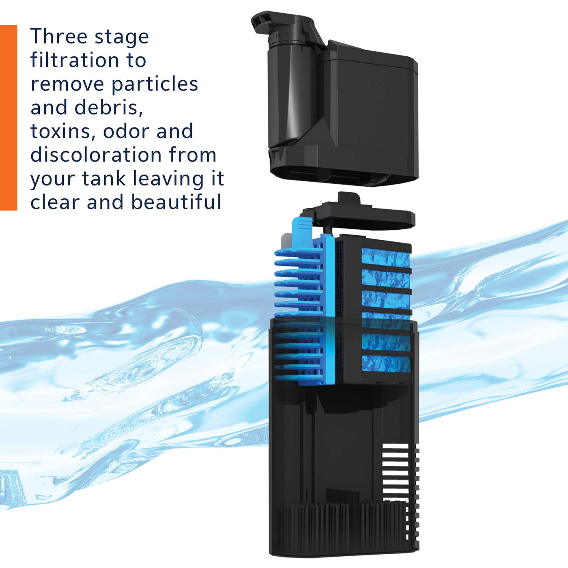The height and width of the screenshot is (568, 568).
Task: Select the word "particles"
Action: tap(155, 84)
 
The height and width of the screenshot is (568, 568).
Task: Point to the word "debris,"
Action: tap(108, 107)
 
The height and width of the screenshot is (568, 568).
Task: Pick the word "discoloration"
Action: tap(96, 155)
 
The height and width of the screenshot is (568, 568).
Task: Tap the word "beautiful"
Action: tap(176, 202)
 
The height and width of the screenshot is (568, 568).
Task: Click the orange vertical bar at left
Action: tap(8, 117)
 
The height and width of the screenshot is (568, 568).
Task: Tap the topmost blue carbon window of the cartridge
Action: tap(385, 257)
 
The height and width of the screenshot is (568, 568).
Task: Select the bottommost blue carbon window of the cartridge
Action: tap(386, 363)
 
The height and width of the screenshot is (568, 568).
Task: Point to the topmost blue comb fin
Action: tap(298, 254)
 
